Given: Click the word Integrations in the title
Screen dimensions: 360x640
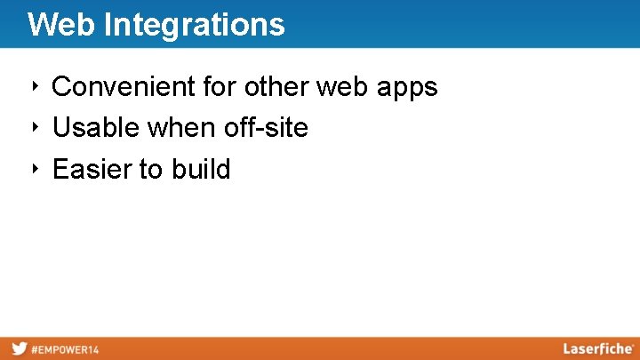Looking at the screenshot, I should tap(194, 24).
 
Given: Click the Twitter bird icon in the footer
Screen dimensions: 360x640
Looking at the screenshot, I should tap(19, 348).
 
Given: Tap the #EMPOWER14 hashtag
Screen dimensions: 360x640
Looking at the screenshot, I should tap(65, 349).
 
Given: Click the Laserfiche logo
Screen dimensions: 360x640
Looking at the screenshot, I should tap(597, 348).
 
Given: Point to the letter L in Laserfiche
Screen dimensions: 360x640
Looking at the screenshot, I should tap(567, 348).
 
